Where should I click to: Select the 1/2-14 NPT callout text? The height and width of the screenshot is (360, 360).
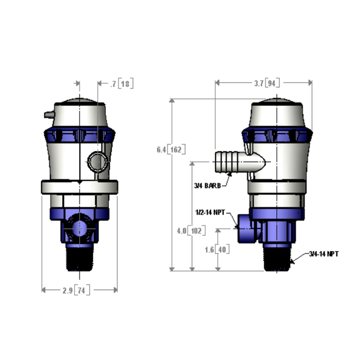point(210,213)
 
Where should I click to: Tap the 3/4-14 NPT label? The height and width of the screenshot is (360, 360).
point(324,254)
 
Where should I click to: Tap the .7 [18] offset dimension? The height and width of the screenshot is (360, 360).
point(122,84)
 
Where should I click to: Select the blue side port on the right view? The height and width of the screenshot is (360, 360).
point(246,228)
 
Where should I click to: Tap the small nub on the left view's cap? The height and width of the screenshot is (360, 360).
point(48,115)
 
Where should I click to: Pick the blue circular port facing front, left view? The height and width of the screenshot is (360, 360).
point(79,228)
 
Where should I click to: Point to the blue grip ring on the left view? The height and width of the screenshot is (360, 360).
point(79,135)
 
